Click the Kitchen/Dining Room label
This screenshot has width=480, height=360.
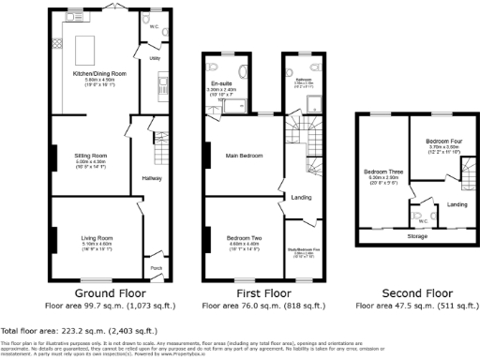(95, 72)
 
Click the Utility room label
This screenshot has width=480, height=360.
(155, 58)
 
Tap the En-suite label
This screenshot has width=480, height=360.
(222, 84)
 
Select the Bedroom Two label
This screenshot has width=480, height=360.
(244, 238)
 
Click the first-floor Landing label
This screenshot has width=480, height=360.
(302, 197)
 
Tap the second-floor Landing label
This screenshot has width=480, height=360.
(457, 203)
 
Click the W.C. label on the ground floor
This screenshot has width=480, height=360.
(153, 27)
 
